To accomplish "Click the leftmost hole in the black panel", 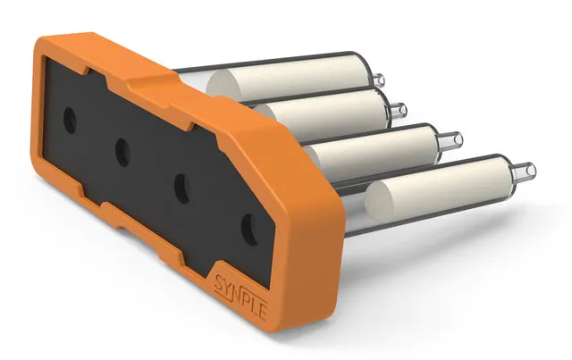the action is [x=70, y=120].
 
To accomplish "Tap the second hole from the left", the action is [x=123, y=153].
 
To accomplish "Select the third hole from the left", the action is [x=182, y=188].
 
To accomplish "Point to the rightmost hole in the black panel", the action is [x=250, y=230].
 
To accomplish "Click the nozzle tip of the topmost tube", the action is [x=379, y=80].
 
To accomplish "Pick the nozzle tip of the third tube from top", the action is [x=455, y=139].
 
